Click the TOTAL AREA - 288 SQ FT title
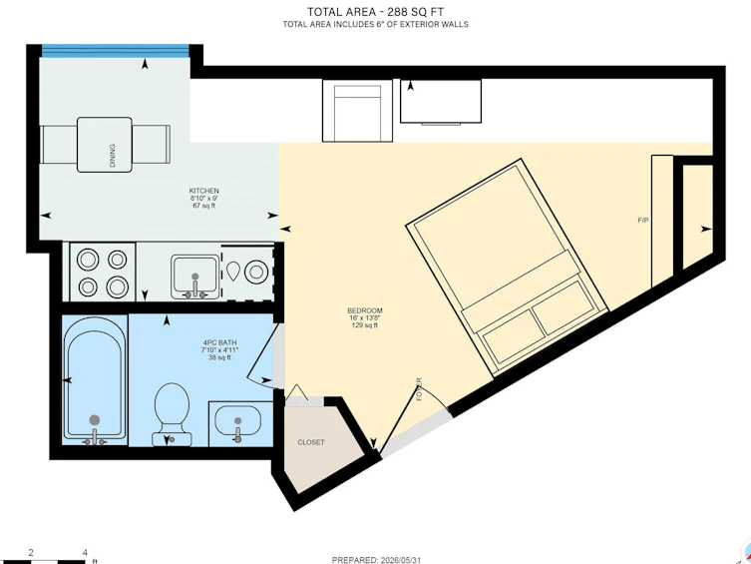pos(375,12)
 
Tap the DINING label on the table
pos(113,156)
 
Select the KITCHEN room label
pos(204,191)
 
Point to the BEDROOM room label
pos(365,310)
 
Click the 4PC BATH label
pos(219,342)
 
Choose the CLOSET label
pos(311,442)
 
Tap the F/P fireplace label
pos(643,221)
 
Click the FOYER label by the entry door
pos(420,389)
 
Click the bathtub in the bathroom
pos(95,380)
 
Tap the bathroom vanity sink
pos(237,422)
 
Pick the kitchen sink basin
pos(195,277)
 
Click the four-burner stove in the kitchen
pos(103,273)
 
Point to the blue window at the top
pos(115,51)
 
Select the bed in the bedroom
pos(508,268)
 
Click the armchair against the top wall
pos(357,111)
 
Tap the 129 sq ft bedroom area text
pos(365,325)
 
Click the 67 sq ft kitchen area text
pos(204,206)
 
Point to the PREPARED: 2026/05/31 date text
pos(376,560)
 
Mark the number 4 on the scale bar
pos(85,552)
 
